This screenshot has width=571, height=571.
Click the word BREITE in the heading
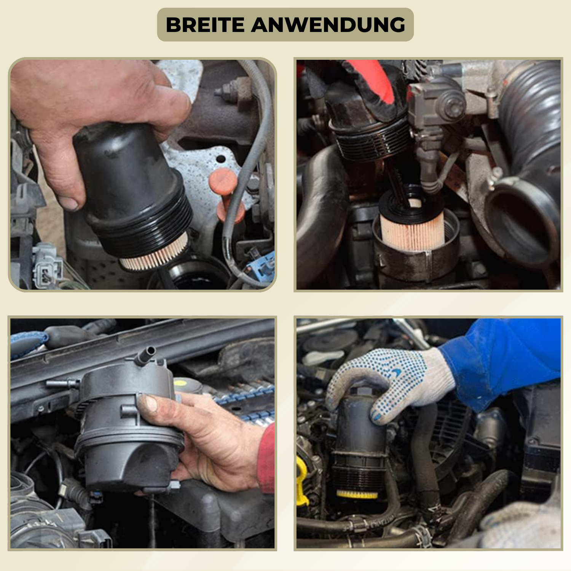tap(205, 25)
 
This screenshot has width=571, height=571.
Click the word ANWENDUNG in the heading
tap(328, 25)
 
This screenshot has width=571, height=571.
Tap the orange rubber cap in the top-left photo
tap(226, 194)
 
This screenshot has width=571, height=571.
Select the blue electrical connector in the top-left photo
tap(263, 266)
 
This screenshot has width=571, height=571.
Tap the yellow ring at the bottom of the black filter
tap(357, 494)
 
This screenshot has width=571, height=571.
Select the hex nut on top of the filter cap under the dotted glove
tap(362, 390)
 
